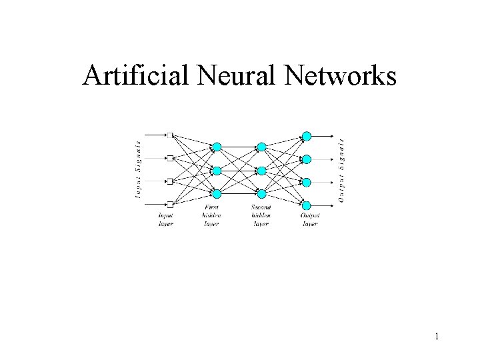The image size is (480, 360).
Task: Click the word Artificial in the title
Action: point(137,77)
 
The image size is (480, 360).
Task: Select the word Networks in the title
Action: point(344,77)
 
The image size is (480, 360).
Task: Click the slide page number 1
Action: point(437,337)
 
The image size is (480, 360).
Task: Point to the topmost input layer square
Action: point(171,135)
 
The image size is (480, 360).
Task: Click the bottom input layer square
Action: point(171,204)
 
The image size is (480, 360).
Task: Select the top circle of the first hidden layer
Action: point(216,147)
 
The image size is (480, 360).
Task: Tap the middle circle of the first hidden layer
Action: point(216,170)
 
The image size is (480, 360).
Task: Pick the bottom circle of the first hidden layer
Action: point(216,193)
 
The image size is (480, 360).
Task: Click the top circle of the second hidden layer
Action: point(261,147)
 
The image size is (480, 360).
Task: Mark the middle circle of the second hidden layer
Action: point(261,170)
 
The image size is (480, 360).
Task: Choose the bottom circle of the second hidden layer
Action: point(261,193)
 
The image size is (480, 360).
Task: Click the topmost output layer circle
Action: point(307,136)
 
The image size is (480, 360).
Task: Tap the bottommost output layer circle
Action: point(307,205)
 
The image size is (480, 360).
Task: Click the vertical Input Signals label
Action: point(139,170)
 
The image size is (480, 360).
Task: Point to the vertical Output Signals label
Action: point(341,170)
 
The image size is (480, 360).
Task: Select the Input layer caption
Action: point(165,220)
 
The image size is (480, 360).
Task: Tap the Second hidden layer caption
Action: point(261,215)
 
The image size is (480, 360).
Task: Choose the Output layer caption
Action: point(310,220)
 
